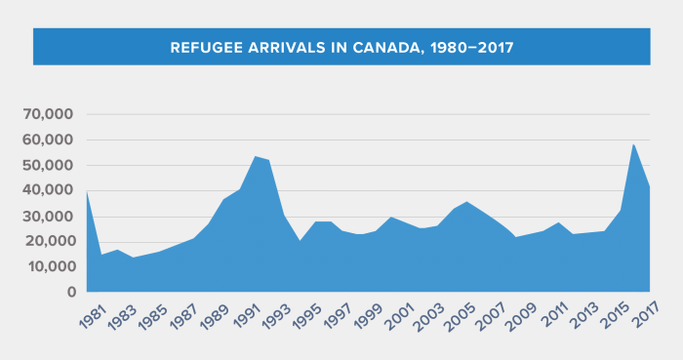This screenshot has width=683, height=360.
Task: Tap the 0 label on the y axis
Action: [70, 292]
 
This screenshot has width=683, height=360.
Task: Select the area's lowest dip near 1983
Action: [134, 258]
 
